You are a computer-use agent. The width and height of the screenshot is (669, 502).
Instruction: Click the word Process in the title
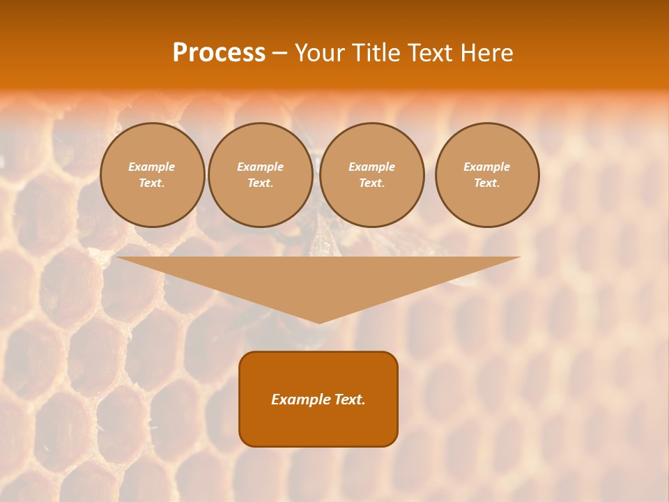pyautogui.click(x=219, y=53)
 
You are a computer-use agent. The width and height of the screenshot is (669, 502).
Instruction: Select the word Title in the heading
pyautogui.click(x=377, y=53)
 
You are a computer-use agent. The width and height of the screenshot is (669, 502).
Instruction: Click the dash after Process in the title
pyautogui.click(x=279, y=54)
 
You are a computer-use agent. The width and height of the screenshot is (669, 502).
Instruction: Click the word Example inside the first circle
pyautogui.click(x=152, y=167)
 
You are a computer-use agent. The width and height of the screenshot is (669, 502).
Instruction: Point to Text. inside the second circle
pyautogui.click(x=261, y=183)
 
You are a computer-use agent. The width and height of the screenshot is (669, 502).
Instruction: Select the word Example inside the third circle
pyautogui.click(x=372, y=167)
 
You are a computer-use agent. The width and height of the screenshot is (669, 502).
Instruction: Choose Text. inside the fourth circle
pyautogui.click(x=487, y=183)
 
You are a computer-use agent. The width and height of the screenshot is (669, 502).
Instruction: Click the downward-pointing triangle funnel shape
pyautogui.click(x=318, y=279)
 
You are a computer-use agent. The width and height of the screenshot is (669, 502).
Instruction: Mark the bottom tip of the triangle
pyautogui.click(x=319, y=321)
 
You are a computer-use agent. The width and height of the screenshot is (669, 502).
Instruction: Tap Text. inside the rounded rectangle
pyautogui.click(x=348, y=400)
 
